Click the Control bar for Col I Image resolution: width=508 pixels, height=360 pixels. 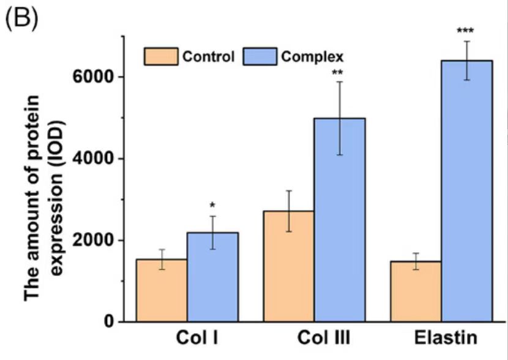pyautogui.click(x=161, y=290)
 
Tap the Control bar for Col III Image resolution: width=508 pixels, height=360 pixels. pyautogui.click(x=288, y=266)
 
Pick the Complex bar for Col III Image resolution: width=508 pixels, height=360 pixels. pyautogui.click(x=340, y=220)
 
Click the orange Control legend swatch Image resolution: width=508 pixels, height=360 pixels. pyautogui.click(x=160, y=57)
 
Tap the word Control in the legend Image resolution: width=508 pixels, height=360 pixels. pyautogui.click(x=207, y=58)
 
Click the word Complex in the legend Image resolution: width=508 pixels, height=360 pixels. pyautogui.click(x=313, y=58)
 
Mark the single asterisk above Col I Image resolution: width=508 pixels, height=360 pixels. pyautogui.click(x=212, y=205)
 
